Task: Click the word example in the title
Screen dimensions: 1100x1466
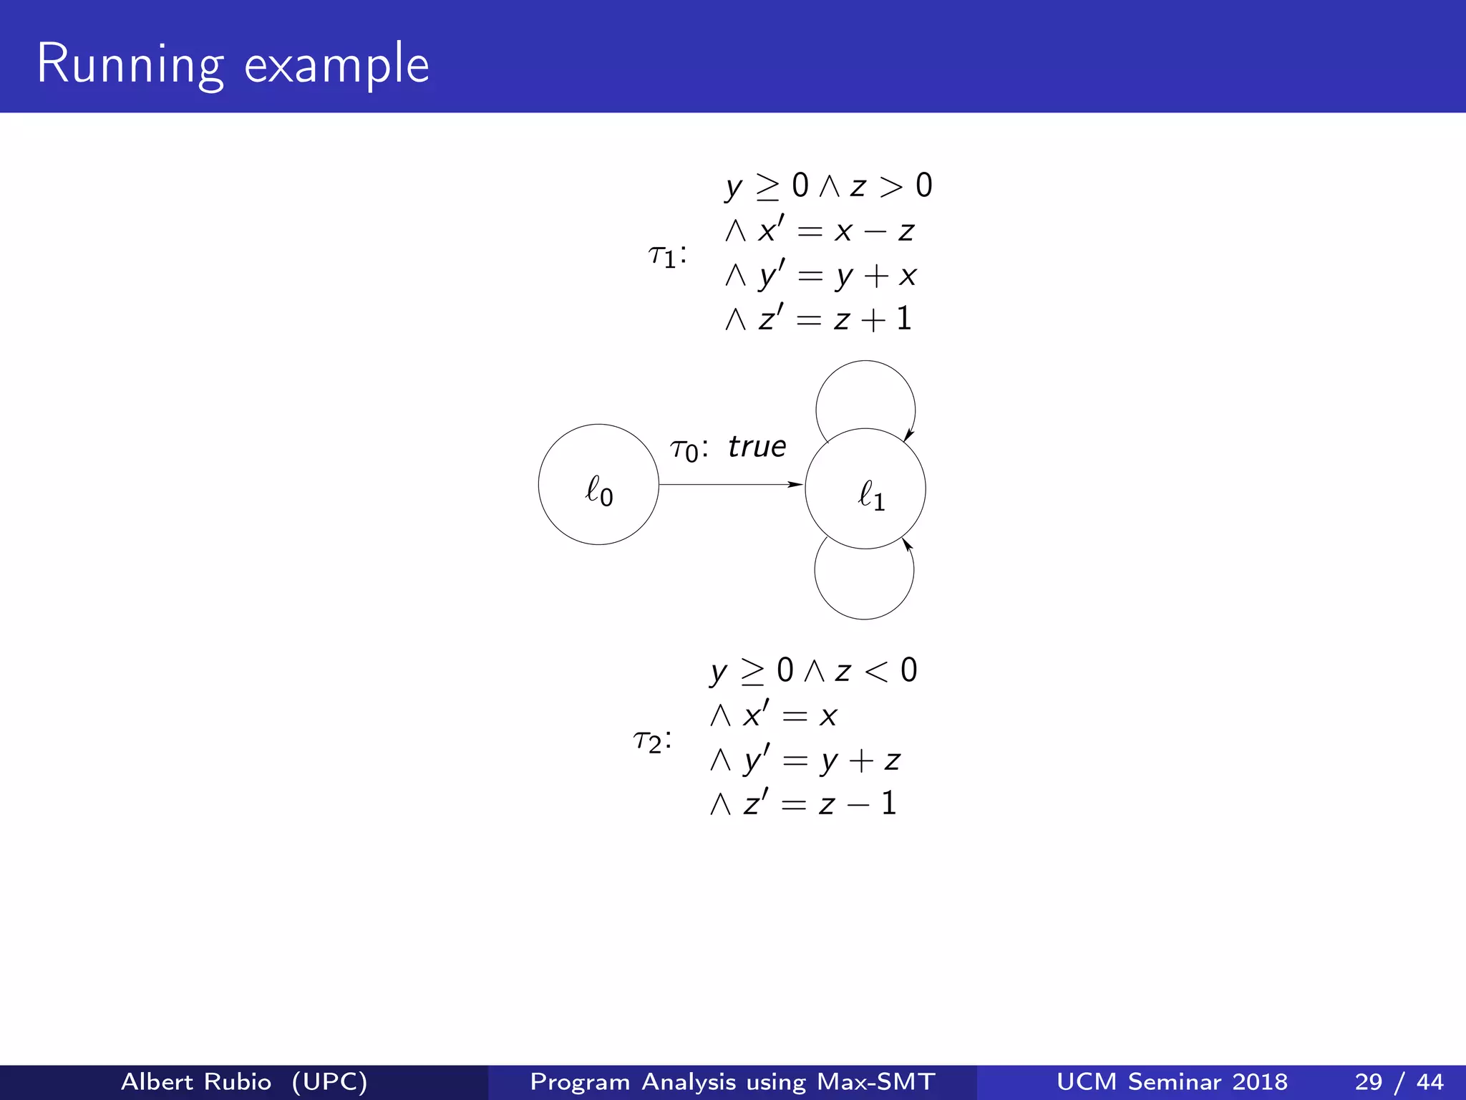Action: point(336,66)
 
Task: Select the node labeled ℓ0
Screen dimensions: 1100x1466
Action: point(598,485)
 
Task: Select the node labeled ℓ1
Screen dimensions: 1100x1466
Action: point(865,489)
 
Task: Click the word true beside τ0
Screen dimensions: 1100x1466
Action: point(757,447)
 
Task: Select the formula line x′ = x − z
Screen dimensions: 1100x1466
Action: point(820,231)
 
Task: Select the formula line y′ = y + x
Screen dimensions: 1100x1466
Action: point(820,275)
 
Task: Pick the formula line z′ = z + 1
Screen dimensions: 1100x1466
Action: point(818,319)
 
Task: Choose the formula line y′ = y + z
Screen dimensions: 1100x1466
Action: point(805,760)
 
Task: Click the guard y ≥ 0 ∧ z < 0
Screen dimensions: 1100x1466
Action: point(813,671)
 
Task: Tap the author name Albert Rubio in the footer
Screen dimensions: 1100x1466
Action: point(196,1081)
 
